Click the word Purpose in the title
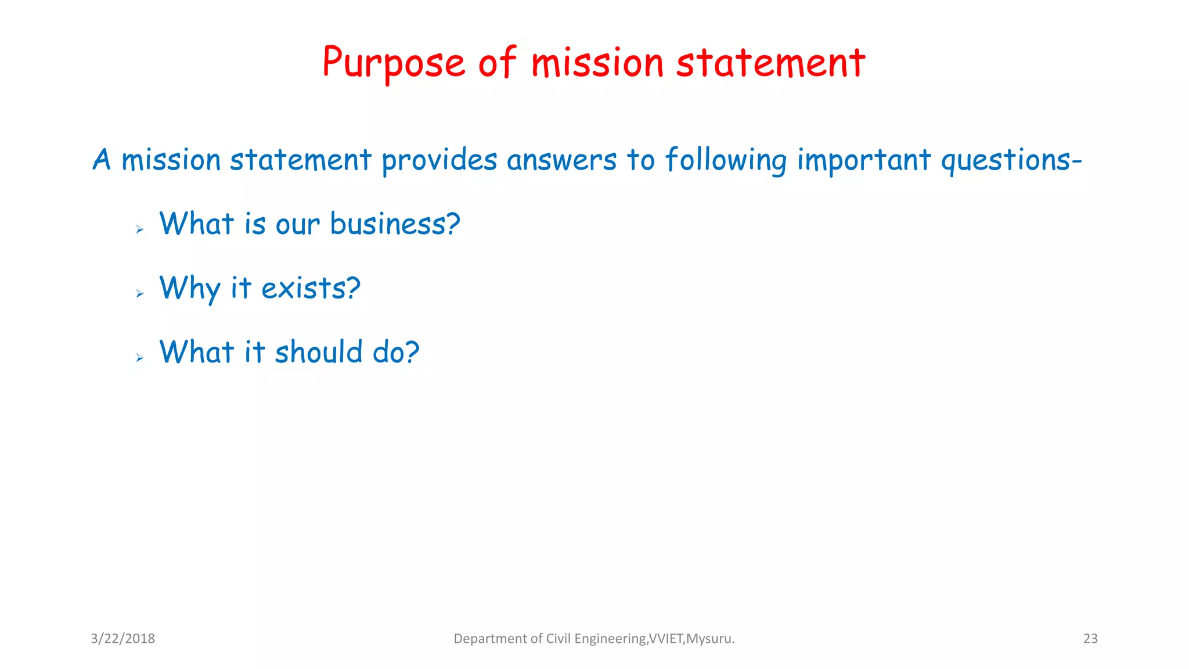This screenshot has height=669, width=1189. [x=394, y=63]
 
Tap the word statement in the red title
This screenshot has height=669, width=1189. [x=770, y=63]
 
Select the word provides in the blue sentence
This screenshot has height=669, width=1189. [x=439, y=160]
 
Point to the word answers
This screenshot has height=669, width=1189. [x=561, y=160]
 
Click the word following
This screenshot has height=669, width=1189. [x=726, y=160]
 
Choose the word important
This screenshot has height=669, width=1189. [x=864, y=160]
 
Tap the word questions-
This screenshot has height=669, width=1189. [x=1011, y=160]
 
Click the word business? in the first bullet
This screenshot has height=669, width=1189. [x=395, y=224]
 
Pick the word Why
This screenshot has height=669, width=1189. [x=190, y=289]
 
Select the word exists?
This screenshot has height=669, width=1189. [x=311, y=289]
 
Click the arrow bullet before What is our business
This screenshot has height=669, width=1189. [x=139, y=230]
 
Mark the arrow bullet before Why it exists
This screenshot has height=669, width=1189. [x=139, y=294]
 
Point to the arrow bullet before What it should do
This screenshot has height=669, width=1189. [x=139, y=358]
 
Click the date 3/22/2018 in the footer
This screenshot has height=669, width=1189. [x=122, y=639]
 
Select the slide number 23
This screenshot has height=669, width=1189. [x=1090, y=639]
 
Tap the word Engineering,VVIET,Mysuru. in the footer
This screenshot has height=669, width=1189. [x=654, y=639]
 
